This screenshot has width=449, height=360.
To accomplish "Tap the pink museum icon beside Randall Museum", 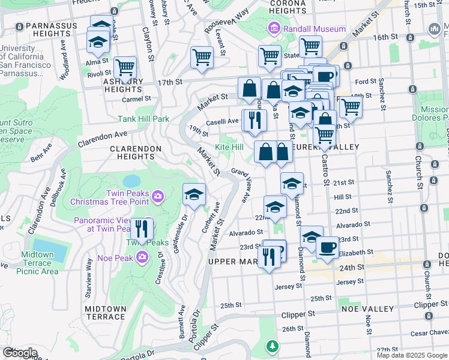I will pos(274,28).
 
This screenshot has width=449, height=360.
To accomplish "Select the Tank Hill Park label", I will pos(143,119).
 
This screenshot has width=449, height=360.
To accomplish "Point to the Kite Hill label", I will pos(229,147).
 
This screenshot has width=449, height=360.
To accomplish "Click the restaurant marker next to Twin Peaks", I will pos(142,229).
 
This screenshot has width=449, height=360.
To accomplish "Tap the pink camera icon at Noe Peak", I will pos(142,257).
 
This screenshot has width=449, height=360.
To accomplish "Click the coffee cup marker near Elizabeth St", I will pos(327,247).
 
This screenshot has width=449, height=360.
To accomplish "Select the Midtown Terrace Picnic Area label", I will pos(38,263).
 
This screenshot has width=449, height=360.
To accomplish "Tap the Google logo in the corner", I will pos(20,353).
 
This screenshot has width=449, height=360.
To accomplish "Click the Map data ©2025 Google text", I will pos(412,355).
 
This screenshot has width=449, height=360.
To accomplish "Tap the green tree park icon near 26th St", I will pos(273,347).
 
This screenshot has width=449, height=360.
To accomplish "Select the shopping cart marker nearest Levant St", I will pos(202,58).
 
